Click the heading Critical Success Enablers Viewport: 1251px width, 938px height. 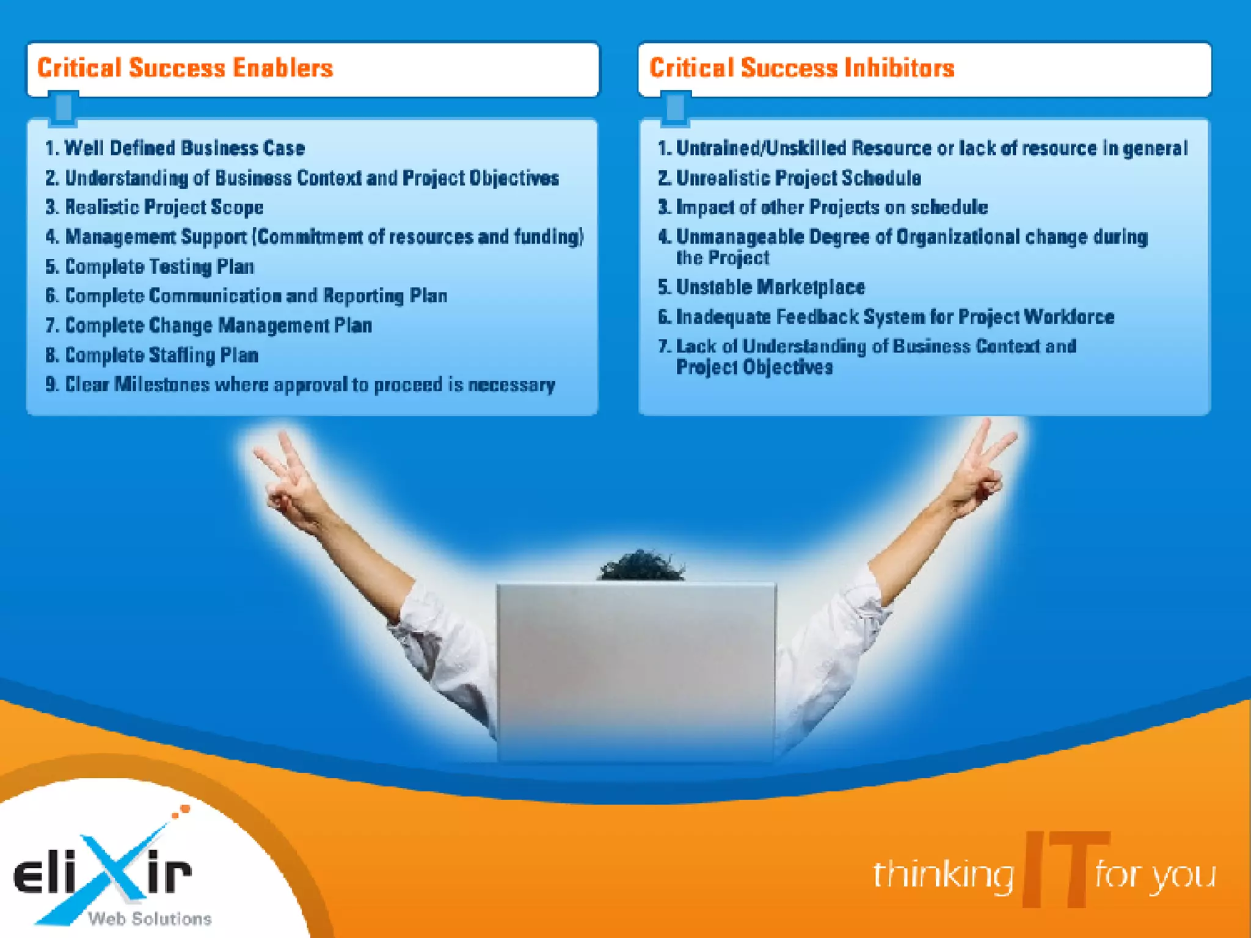coord(185,68)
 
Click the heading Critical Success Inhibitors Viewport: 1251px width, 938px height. coord(801,68)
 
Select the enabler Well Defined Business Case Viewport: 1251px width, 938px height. coord(184,148)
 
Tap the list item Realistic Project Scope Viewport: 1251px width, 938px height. coord(164,207)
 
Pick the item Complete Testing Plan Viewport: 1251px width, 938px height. coord(159,266)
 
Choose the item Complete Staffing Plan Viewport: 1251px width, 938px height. coord(161,355)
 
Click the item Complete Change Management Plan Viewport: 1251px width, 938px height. coord(218,325)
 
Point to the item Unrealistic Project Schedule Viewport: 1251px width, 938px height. coord(798,178)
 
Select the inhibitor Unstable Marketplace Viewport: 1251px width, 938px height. coord(770,287)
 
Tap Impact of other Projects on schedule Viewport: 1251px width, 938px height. coord(831,207)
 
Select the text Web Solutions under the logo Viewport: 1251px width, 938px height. coord(150,918)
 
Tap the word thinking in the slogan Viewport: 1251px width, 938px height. coord(942,874)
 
